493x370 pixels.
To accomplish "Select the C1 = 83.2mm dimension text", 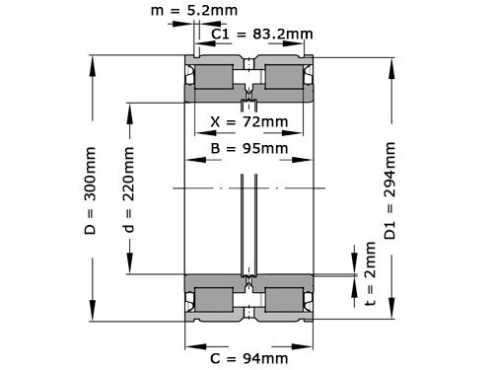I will (262, 35).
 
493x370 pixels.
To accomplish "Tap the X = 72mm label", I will (249, 122).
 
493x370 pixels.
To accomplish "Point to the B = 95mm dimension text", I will (249, 149).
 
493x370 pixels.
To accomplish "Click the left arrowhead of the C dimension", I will (189, 346).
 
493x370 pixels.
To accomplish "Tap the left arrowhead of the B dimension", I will (189, 162).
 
